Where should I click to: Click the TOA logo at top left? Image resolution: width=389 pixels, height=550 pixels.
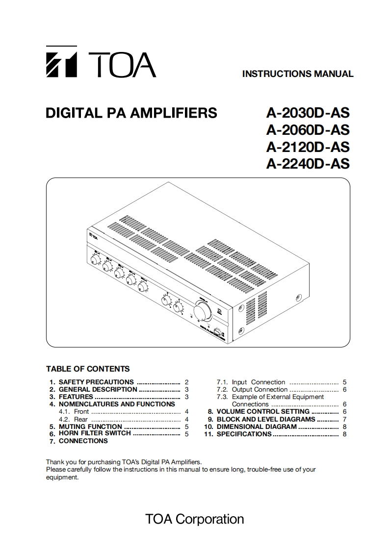point(101,62)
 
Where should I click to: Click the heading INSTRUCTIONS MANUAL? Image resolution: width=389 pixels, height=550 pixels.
point(298,74)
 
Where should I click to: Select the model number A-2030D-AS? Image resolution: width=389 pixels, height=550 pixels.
point(308,113)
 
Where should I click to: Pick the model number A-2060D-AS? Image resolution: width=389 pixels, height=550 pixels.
point(308,130)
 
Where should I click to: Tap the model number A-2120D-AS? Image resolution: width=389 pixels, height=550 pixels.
point(308,147)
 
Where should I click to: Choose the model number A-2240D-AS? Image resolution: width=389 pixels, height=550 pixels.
point(308,163)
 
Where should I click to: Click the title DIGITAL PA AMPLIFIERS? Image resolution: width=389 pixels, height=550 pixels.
point(131,113)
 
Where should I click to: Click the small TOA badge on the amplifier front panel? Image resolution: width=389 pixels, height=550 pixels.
point(92,234)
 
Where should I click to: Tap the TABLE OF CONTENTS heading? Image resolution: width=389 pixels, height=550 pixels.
point(88,369)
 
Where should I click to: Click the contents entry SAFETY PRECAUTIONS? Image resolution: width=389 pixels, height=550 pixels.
point(96,382)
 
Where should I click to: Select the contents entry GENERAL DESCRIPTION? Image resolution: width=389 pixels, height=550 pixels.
point(98,389)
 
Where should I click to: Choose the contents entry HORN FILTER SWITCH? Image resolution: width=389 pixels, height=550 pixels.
point(95,433)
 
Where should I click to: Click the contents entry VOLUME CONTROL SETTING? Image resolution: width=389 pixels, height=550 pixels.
point(263,412)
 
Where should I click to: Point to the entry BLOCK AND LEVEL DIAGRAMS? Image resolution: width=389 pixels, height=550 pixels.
point(266,419)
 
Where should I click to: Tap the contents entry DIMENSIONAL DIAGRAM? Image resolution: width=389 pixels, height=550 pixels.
point(257,426)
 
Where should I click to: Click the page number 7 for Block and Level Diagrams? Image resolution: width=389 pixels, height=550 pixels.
point(345,419)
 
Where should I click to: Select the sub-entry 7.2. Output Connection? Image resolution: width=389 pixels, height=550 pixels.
point(259,389)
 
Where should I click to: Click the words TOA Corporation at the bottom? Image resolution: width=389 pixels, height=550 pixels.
point(194,519)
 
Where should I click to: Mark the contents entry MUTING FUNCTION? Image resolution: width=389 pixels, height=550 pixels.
point(90,426)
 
